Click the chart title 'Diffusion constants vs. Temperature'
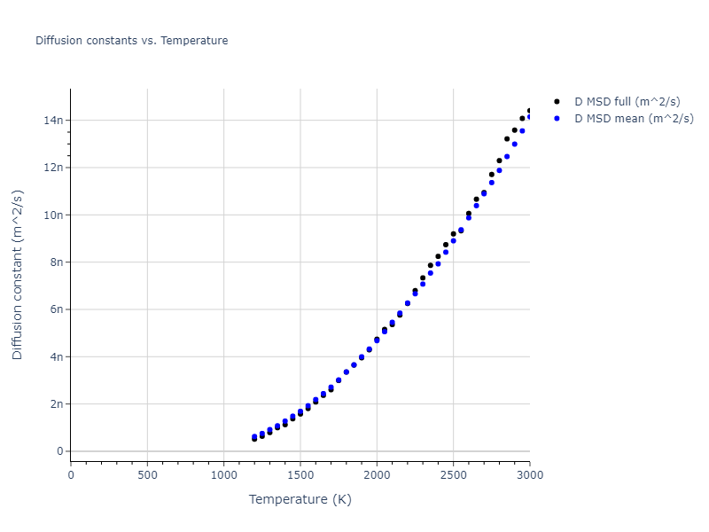pos(131,41)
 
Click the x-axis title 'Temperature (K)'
pos(300,499)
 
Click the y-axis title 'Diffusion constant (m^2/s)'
pos(18,274)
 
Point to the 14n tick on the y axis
pos(55,120)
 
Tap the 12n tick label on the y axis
pos(55,168)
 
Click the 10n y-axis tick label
pos(55,215)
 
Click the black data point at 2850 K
pos(507,138)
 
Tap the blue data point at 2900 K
pos(514,144)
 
